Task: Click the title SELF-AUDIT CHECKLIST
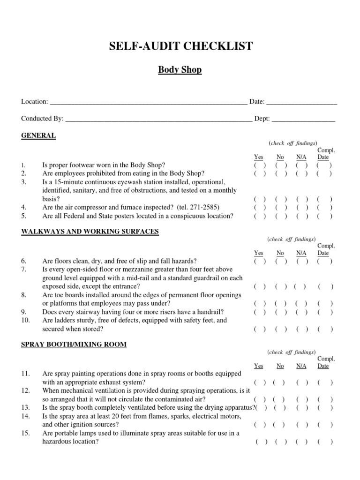tap(180, 46)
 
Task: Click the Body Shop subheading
tap(180, 70)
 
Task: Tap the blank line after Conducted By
tap(158, 119)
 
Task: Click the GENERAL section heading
tap(38, 136)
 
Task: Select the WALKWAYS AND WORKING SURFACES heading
tap(90, 232)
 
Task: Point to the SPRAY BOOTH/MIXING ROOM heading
tap(74, 345)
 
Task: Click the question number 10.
tap(25, 321)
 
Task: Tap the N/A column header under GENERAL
tap(301, 157)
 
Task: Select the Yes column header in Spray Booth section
tap(259, 366)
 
